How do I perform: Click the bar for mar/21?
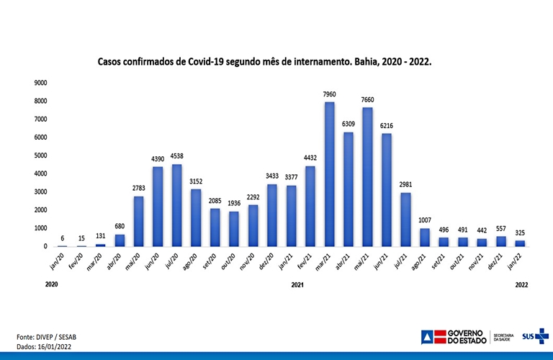[329, 174]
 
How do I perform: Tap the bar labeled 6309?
[349, 189]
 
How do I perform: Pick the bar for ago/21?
[424, 238]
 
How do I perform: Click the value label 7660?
[368, 99]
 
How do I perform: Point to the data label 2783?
[138, 188]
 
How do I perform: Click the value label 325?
[520, 233]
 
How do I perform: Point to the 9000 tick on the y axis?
[40, 83]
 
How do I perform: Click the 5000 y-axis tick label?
[40, 156]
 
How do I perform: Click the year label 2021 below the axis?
[297, 285]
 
